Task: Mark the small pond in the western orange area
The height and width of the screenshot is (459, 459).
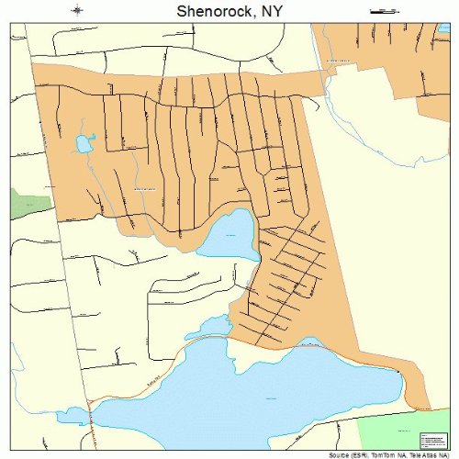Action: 84,142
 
